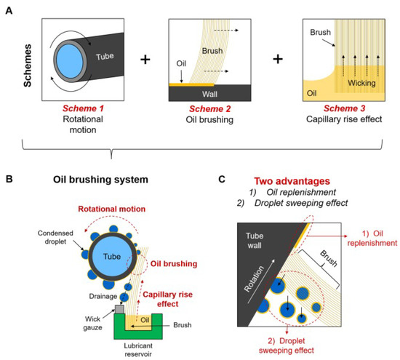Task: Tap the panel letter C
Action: [x=223, y=177]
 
